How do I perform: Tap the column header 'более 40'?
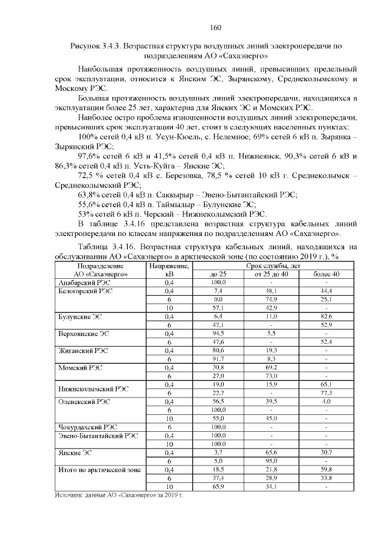pyautogui.click(x=327, y=274)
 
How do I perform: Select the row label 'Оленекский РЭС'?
pyautogui.click(x=83, y=400)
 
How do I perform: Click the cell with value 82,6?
pyautogui.click(x=327, y=316)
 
